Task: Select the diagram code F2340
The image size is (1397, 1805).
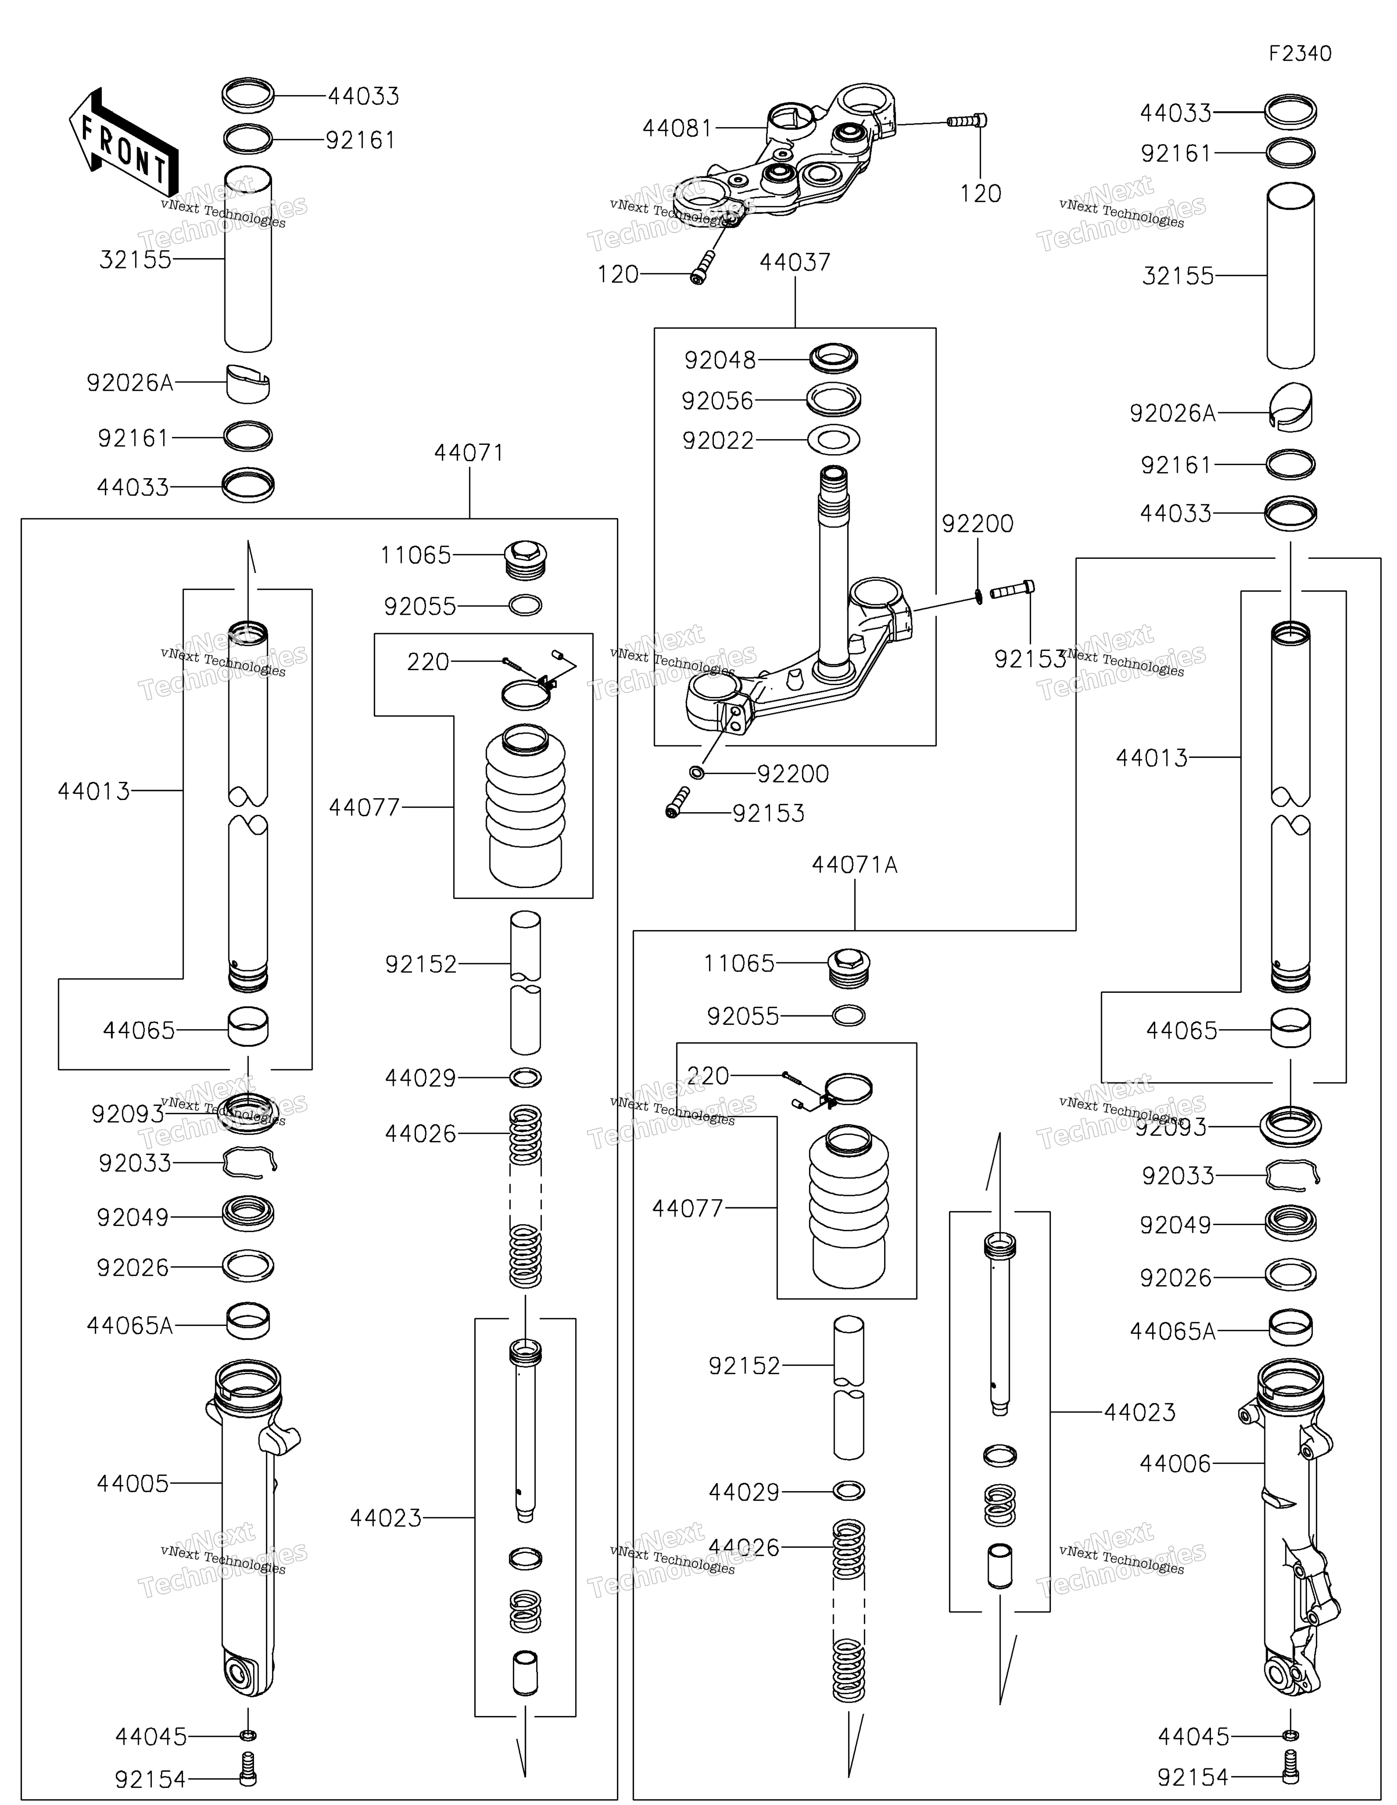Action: tap(1301, 54)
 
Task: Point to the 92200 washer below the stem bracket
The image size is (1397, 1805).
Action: tap(696, 772)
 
